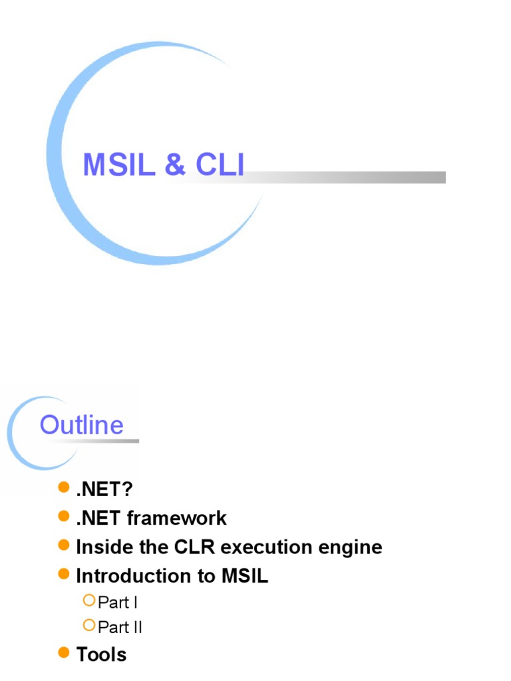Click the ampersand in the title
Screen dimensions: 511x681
[x=174, y=165]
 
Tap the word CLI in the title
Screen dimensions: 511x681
[x=220, y=165]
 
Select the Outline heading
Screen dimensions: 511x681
[x=81, y=425]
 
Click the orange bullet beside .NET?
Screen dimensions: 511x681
[x=64, y=489]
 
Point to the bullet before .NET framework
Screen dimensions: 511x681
[x=64, y=517]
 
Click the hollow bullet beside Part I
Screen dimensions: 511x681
[x=89, y=601]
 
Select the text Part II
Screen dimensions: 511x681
[x=120, y=627]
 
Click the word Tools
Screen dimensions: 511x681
[x=101, y=654]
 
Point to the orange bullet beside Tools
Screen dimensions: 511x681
[x=64, y=654]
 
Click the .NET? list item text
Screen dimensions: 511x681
[x=104, y=489]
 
